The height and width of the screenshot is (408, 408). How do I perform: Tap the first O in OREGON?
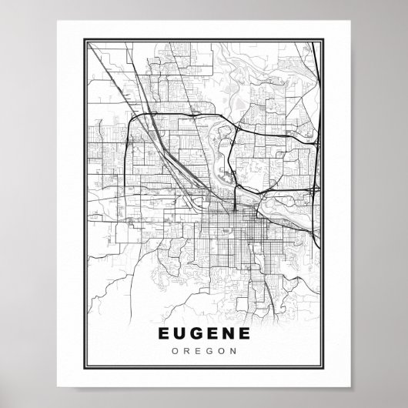[176, 352]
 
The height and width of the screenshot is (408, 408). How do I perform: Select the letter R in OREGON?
[186, 352]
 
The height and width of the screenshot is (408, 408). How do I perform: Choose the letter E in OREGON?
[197, 352]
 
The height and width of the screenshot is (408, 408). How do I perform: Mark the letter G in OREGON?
[208, 352]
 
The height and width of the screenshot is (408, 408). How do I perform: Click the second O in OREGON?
[219, 352]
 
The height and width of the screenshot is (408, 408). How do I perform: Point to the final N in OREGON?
[232, 352]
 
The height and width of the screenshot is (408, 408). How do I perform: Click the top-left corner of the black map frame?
[82, 35]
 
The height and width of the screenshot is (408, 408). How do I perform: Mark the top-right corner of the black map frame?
[325, 35]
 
